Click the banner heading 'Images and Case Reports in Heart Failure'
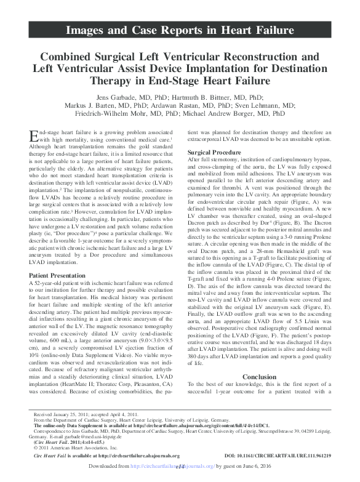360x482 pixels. click(180, 28)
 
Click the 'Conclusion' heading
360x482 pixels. click(259, 377)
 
